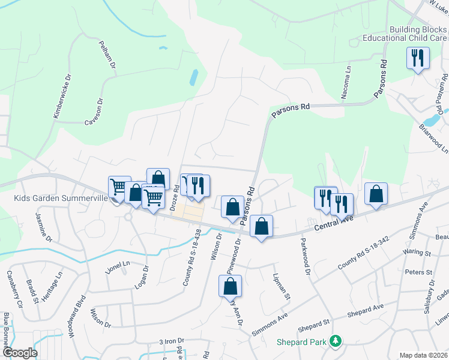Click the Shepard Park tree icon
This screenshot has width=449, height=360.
pos(336,341)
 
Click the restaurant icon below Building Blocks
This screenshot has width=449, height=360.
pos(417,58)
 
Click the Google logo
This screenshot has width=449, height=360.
pos(20,353)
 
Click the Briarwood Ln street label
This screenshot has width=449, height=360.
pos(433,137)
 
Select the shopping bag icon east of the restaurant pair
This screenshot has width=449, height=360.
pos(376,193)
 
